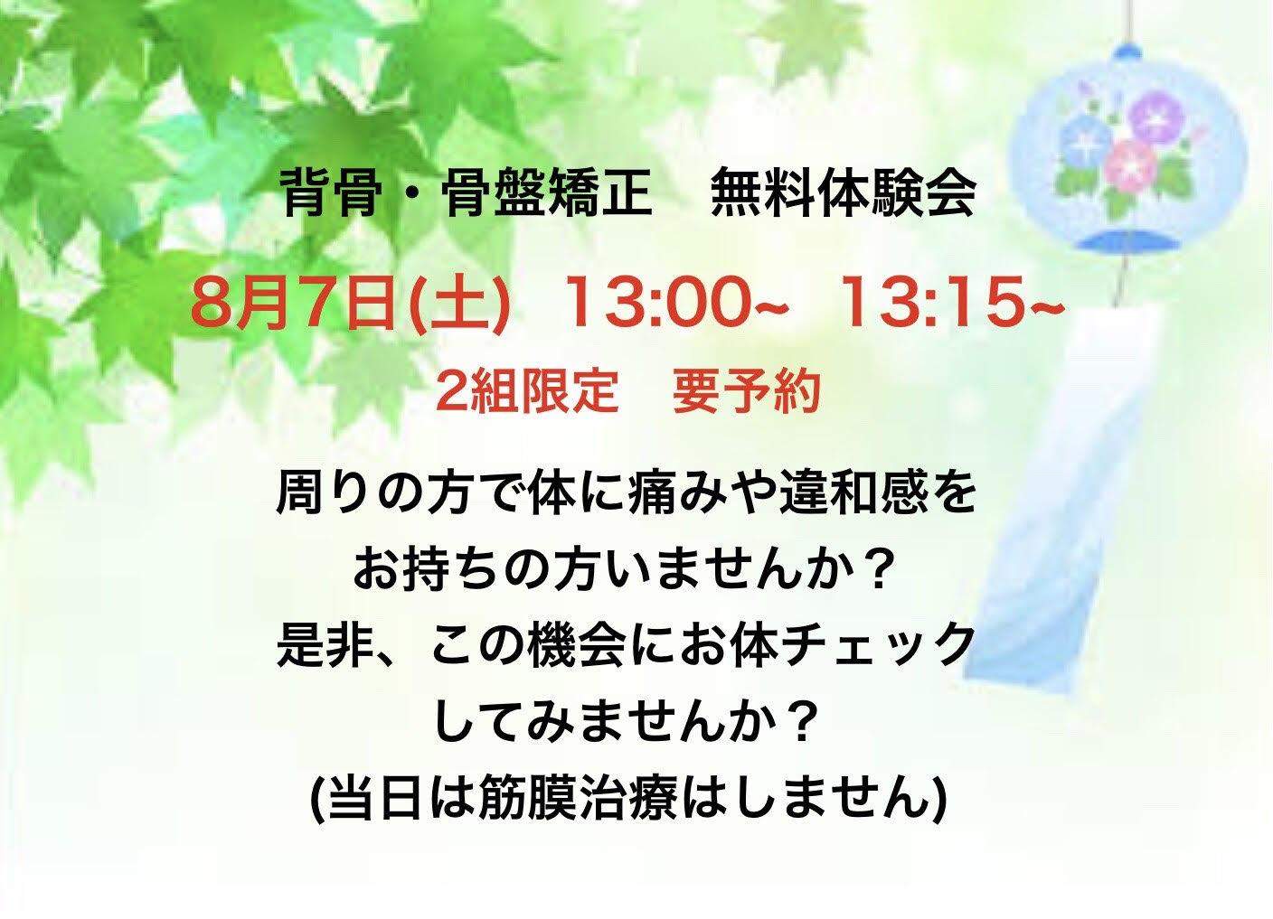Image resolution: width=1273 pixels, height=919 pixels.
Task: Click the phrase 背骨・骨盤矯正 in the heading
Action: pos(467,194)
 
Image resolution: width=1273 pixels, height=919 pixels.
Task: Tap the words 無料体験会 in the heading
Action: pos(844,194)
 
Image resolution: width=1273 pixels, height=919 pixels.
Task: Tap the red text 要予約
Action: pos(746,392)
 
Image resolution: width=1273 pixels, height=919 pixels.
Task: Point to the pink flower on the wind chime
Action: pos(1130,164)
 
